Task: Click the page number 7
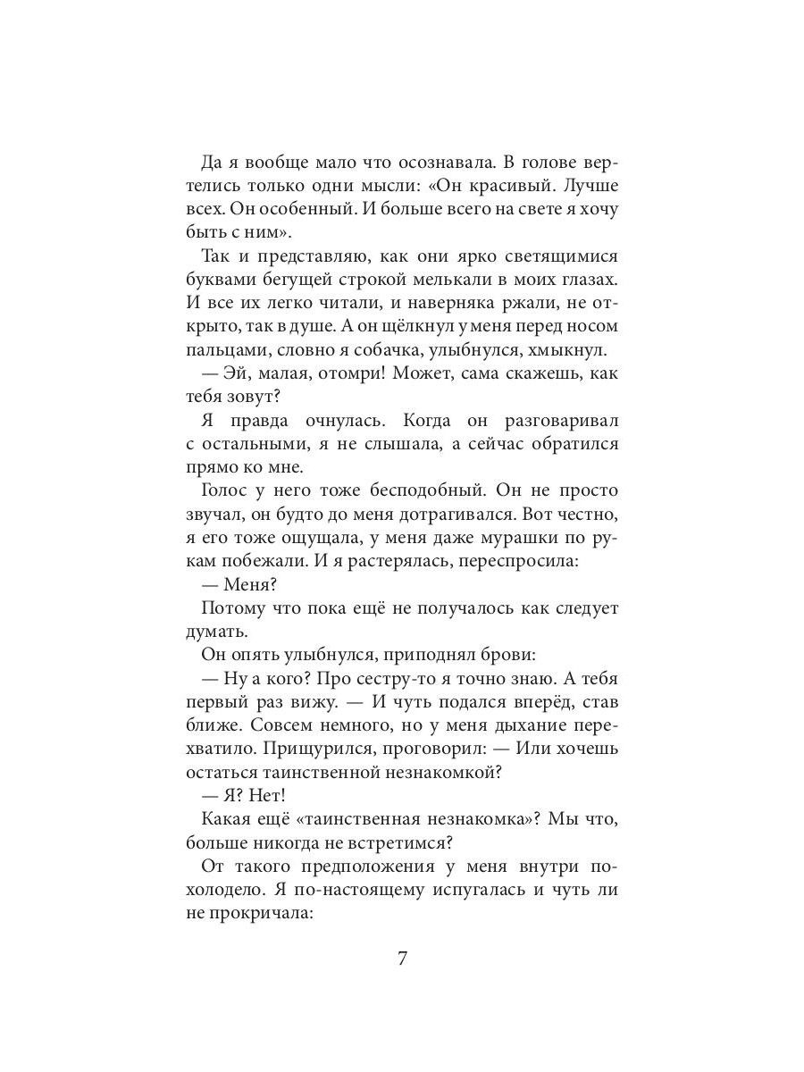[x=402, y=959]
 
